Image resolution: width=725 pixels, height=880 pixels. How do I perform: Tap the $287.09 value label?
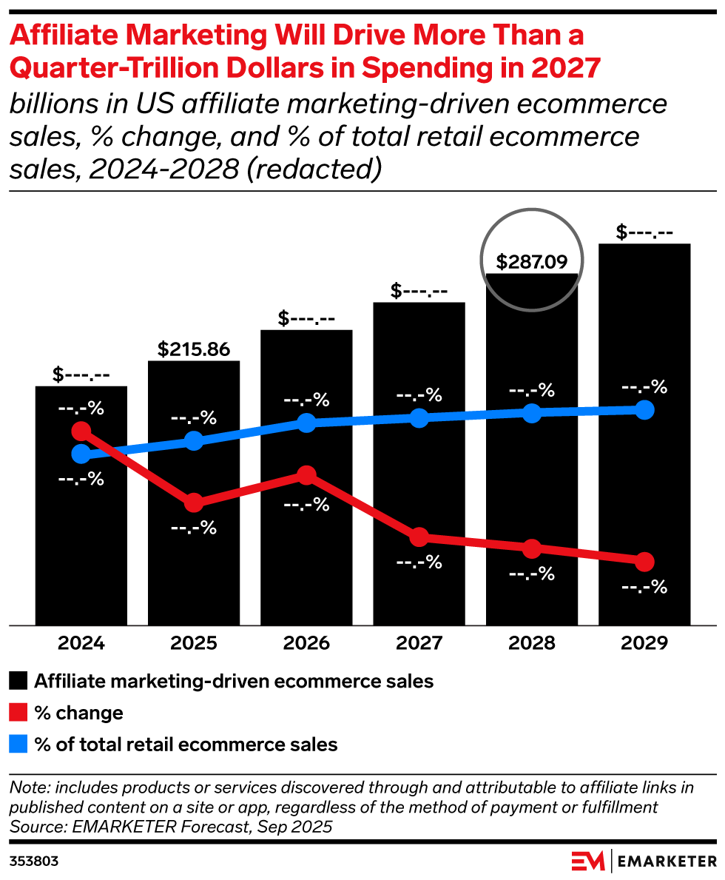[531, 262]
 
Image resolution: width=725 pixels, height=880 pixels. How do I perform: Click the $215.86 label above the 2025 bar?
[194, 349]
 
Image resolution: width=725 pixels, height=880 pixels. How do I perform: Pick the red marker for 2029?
[644, 562]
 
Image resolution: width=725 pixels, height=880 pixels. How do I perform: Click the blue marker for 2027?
[419, 417]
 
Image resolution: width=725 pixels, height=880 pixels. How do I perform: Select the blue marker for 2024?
[81, 454]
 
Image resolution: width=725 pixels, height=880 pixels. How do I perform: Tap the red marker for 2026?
[306, 474]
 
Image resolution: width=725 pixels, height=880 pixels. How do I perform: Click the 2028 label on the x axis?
[531, 642]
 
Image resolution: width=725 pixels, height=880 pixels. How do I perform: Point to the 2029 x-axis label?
[644, 642]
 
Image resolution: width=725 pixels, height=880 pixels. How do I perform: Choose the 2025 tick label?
[194, 642]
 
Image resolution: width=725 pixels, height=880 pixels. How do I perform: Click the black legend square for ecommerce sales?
[18, 681]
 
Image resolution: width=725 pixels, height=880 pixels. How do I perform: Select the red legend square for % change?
[18, 713]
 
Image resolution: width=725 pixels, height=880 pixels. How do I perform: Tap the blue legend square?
[18, 745]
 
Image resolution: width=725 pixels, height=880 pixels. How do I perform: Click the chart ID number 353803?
[34, 861]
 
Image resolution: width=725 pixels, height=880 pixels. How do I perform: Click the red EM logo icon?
[587, 861]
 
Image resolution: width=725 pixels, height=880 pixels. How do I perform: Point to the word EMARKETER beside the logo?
[666, 861]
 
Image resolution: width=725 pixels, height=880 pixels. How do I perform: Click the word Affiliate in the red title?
[71, 35]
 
